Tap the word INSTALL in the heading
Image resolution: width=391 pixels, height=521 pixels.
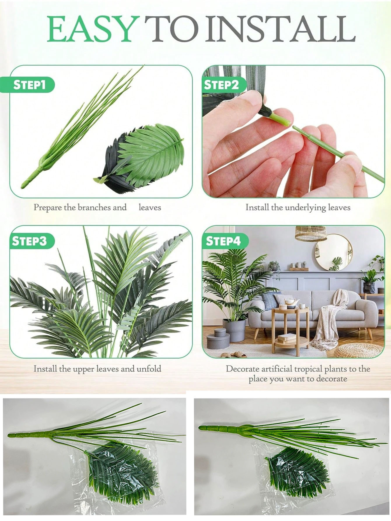282,29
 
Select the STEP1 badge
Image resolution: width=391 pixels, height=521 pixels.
29,85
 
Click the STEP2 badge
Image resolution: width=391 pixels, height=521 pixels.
221,85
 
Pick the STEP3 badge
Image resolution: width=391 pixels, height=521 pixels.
29,241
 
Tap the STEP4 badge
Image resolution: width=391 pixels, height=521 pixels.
223,241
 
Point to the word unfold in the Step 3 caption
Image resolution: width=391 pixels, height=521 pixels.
149,369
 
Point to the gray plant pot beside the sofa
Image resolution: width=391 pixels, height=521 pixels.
234,330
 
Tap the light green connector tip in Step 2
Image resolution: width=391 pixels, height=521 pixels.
280,120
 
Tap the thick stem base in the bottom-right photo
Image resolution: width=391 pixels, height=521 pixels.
222,429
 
